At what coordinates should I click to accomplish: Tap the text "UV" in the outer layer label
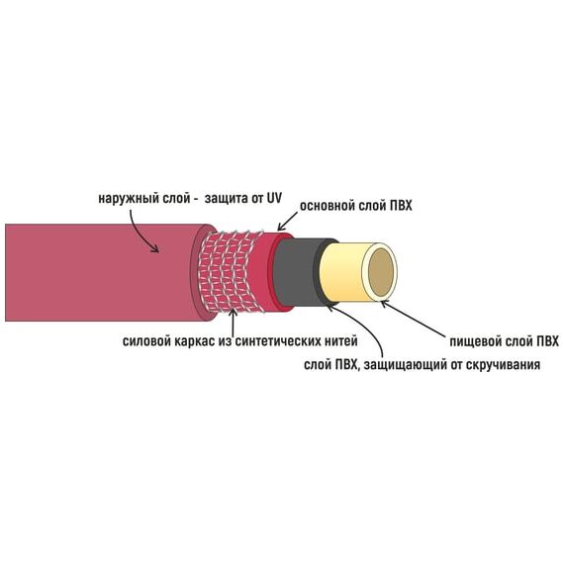[274, 198]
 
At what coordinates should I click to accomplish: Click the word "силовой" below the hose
[146, 340]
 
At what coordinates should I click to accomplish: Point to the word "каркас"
[195, 341]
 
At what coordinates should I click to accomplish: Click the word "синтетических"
[277, 341]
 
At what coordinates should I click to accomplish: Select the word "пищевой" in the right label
[475, 341]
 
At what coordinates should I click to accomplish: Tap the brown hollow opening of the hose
[381, 271]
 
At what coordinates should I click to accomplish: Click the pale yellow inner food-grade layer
[341, 272]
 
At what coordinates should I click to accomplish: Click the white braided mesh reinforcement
[232, 271]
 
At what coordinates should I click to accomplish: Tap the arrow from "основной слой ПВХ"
[287, 222]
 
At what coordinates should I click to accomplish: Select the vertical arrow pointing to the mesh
[234, 322]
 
